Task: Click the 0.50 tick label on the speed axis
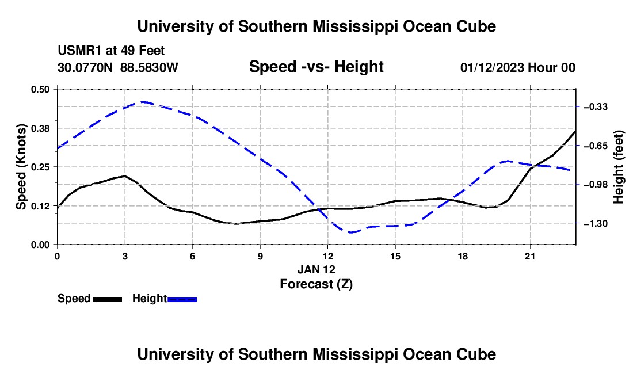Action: [x=40, y=89]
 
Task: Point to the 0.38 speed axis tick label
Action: [x=40, y=128]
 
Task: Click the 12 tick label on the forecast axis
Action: [x=328, y=256]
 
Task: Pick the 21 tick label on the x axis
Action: [x=530, y=256]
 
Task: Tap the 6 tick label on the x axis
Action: [x=193, y=256]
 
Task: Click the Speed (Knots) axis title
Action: [x=21, y=167]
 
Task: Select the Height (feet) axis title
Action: [x=618, y=167]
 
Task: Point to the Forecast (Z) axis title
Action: [x=316, y=284]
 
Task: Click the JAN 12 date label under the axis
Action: [x=316, y=269]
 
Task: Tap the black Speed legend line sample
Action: [x=108, y=300]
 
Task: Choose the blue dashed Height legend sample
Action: [x=182, y=300]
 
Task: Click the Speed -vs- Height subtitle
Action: [x=316, y=67]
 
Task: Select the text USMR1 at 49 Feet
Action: [x=111, y=51]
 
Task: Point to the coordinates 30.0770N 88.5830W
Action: [x=118, y=67]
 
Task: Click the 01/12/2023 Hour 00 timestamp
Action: [x=518, y=67]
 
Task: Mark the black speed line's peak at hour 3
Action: [x=125, y=176]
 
